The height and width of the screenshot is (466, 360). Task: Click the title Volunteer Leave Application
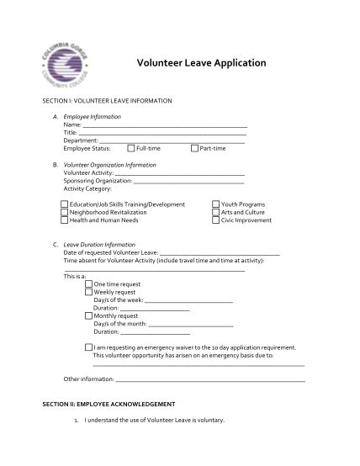point(200,63)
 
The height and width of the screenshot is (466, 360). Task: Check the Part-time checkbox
point(195,148)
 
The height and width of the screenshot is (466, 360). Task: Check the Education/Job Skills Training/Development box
point(65,204)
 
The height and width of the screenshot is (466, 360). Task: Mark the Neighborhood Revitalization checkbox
point(65,212)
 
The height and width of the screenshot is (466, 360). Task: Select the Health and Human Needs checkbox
point(65,220)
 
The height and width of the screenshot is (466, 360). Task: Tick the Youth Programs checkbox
point(216,204)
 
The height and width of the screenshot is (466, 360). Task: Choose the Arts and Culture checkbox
point(216,212)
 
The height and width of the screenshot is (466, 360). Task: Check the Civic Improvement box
point(216,220)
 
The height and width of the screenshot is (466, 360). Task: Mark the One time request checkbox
point(89,284)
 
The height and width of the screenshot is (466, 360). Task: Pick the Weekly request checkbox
point(89,292)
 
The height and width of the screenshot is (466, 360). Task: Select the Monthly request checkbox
point(89,315)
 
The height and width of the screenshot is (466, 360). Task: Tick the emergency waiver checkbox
point(89,347)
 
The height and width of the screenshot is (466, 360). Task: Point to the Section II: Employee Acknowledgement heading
point(108,404)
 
